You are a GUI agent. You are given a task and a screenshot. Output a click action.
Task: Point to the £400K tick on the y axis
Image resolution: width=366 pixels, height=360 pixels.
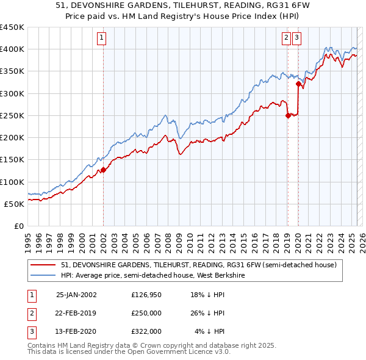13,49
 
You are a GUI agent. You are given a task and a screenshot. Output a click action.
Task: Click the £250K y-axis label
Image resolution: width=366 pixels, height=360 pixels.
13,115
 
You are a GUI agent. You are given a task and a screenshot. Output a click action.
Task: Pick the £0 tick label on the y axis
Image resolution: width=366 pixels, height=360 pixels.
19,226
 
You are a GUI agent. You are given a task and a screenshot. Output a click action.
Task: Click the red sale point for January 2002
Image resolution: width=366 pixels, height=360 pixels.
103,170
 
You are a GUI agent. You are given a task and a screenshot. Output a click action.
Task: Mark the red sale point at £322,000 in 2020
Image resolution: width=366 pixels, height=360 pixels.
298,84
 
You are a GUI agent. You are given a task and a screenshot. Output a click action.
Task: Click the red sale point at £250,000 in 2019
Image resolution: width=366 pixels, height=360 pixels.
287,115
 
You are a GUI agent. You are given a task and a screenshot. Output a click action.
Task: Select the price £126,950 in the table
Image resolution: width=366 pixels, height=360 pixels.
146,294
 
